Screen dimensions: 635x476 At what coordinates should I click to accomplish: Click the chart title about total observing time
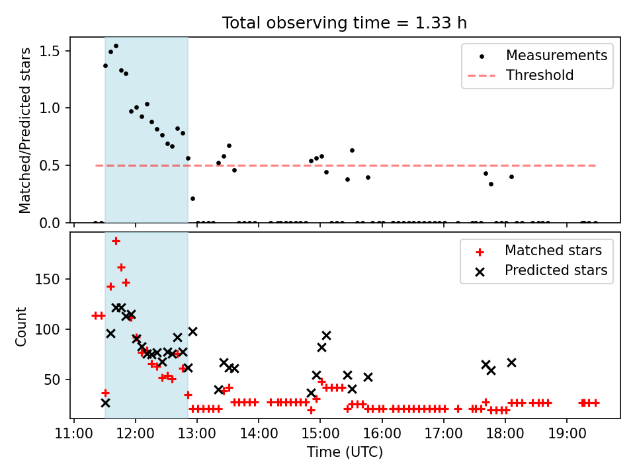pos(344,23)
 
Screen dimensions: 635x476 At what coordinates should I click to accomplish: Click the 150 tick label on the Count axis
pos(48,279)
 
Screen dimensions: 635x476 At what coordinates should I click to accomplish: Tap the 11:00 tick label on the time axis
pos(73,433)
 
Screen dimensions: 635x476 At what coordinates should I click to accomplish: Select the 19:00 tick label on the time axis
pos(567,433)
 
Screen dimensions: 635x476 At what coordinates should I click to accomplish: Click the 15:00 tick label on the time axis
pos(320,433)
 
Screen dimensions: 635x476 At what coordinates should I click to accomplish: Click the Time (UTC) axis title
pos(345,452)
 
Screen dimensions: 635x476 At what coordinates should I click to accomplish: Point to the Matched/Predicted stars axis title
pos(25,130)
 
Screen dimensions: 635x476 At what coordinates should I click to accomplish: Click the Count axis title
pos(21,327)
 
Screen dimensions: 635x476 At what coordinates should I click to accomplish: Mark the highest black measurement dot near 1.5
pos(116,46)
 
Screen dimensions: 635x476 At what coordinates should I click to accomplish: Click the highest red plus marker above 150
pos(116,241)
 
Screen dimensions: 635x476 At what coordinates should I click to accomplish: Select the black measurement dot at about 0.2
pos(192,199)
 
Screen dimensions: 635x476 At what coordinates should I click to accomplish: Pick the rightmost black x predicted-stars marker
pos(511,363)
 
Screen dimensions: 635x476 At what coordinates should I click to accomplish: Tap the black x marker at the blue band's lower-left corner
pos(105,403)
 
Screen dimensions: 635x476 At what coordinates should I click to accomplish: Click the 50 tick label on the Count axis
pos(52,379)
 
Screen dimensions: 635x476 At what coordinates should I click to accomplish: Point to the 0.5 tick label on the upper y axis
pos(50,165)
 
